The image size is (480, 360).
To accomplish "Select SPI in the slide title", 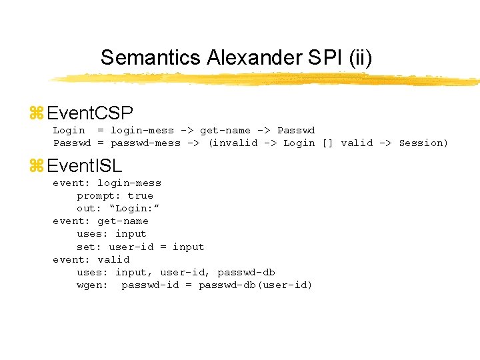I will coord(324,58).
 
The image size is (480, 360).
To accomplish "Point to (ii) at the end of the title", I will coord(360,58).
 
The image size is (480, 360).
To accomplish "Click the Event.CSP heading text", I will coord(91,113).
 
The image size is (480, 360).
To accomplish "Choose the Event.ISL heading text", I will coord(85,165).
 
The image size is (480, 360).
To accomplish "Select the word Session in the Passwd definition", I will coord(423,143).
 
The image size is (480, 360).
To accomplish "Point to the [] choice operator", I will coord(327,143).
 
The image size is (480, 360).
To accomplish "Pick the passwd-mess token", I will coord(145,143).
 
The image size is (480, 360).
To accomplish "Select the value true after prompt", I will coord(140,195).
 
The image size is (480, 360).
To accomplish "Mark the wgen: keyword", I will coord(92,285).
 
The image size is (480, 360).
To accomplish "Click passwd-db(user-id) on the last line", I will coord(255,285).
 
